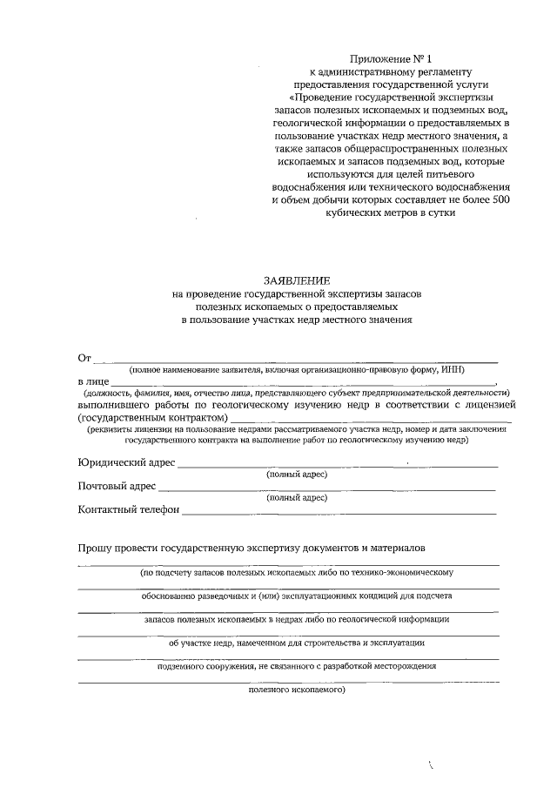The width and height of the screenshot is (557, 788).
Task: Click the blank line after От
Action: coord(296,360)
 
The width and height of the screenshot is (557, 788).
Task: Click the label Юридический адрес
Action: coord(126,462)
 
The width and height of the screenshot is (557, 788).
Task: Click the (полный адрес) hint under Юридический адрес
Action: coord(297,475)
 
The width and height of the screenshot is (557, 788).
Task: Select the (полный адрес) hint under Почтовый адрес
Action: coord(297,498)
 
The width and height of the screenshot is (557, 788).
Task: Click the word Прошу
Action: coord(95,549)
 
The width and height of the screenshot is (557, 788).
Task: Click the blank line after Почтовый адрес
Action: coord(326,489)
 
